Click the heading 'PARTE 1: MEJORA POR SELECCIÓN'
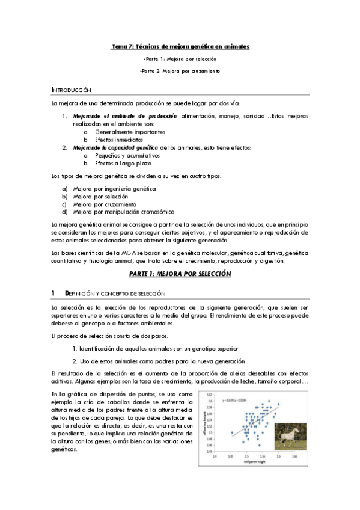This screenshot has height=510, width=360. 180,273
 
